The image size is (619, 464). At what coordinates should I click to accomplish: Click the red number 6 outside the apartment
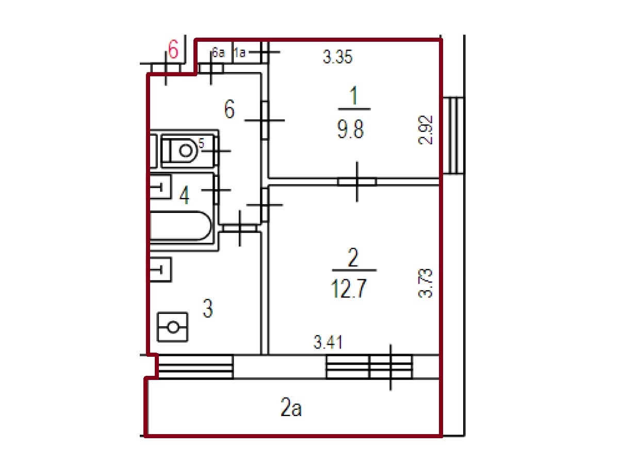(x=173, y=49)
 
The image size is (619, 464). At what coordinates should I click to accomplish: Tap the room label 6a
(x=218, y=53)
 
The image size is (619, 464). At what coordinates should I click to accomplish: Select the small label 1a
(x=240, y=53)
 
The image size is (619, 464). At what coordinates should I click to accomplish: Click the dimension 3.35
(x=337, y=57)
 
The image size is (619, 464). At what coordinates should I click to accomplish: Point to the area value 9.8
(x=351, y=129)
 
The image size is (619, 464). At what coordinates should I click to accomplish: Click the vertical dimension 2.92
(x=425, y=130)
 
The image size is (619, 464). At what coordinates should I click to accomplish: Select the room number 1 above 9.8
(x=354, y=95)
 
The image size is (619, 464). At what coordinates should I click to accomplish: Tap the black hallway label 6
(x=229, y=109)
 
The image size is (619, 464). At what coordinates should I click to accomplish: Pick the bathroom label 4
(x=185, y=195)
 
